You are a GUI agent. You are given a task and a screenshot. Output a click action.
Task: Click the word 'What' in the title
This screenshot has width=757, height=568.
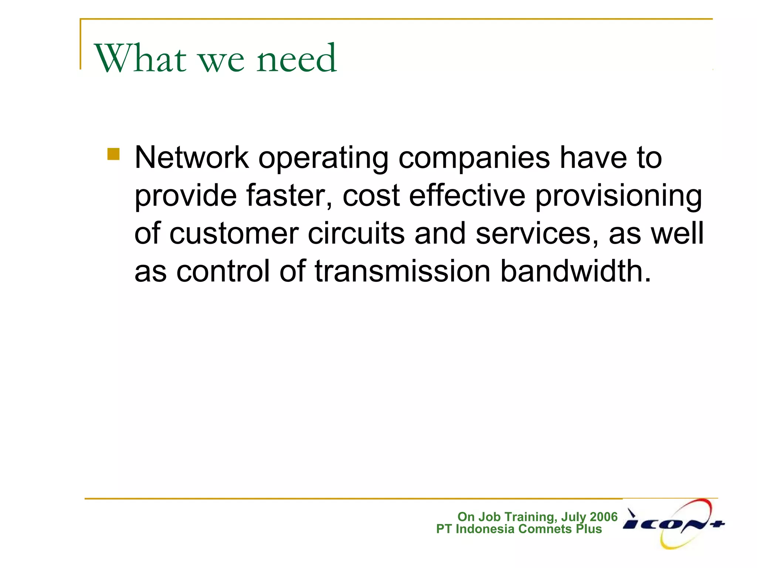pos(140,58)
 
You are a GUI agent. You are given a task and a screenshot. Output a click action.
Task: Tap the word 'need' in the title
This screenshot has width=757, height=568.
pos(296,58)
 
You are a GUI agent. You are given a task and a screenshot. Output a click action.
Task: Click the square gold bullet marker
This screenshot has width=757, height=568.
pos(113,154)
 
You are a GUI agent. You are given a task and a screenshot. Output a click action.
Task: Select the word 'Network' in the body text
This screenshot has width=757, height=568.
pos(191,158)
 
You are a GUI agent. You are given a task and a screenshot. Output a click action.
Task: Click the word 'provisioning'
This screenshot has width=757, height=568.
pos(618,197)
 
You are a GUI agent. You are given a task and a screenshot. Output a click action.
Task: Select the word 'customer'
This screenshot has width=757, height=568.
pos(234,234)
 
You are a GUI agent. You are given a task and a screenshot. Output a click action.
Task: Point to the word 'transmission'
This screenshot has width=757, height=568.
pos(403,271)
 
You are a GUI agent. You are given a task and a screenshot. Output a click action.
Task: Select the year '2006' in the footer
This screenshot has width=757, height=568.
pos(604,517)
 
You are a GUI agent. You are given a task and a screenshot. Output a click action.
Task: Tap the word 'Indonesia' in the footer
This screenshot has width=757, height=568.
pos(485,529)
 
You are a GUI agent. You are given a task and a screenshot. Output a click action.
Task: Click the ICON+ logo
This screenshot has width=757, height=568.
pos(673,524)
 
